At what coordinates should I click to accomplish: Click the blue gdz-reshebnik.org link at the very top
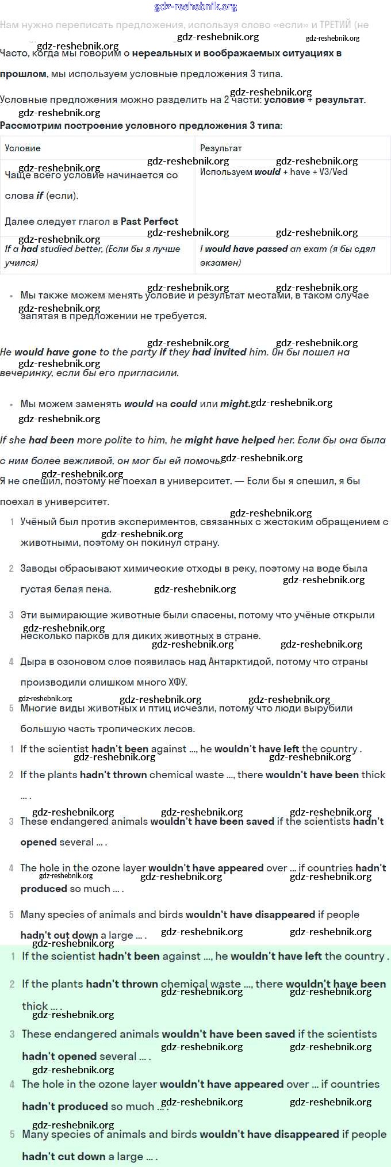(x=195, y=7)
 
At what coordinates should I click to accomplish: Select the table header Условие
(x=22, y=148)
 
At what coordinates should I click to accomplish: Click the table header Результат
(x=221, y=148)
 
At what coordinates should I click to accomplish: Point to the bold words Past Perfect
(x=149, y=221)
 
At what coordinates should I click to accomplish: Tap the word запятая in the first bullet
(x=41, y=316)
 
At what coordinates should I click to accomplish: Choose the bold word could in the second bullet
(x=183, y=404)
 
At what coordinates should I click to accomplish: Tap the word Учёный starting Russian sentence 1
(x=39, y=522)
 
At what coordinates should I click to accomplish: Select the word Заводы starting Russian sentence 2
(x=39, y=568)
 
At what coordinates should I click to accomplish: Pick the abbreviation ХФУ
(x=177, y=682)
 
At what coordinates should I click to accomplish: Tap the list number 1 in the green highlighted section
(x=13, y=956)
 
